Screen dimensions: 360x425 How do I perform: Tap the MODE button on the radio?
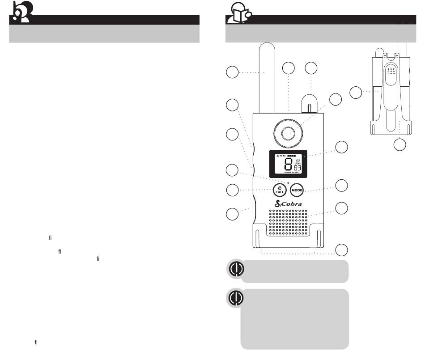click(x=297, y=190)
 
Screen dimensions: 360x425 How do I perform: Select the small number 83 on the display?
click(x=297, y=168)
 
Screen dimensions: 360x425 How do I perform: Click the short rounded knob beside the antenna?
click(x=311, y=102)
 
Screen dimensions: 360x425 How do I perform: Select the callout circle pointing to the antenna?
click(x=232, y=72)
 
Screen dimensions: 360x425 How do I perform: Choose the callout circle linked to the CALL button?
click(x=232, y=190)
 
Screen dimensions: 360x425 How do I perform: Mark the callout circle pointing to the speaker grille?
click(x=342, y=208)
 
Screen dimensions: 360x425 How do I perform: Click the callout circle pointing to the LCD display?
click(x=342, y=147)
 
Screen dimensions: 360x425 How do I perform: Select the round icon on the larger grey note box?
click(x=236, y=297)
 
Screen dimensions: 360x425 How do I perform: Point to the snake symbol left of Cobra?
click(x=278, y=204)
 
